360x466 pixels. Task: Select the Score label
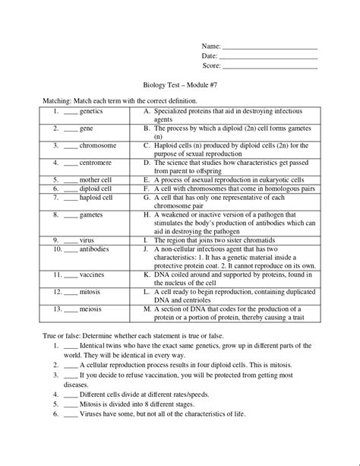(x=210, y=67)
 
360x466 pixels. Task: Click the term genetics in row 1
(x=93, y=111)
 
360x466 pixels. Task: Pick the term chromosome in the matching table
(x=97, y=145)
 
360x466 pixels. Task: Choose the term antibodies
(x=95, y=249)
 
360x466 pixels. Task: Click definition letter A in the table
(x=146, y=111)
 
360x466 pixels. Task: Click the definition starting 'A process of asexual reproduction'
(x=228, y=180)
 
